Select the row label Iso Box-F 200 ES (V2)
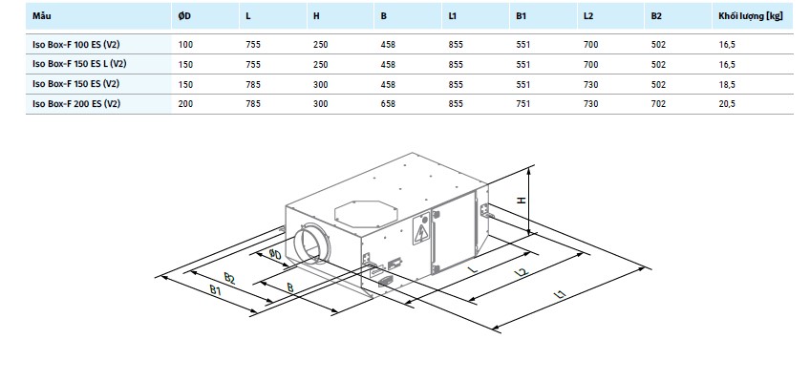[x=76, y=104]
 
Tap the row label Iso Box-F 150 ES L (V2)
[x=79, y=64]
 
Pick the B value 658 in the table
[x=388, y=104]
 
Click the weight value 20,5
[x=726, y=104]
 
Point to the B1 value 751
[x=523, y=104]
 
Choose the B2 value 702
[x=659, y=104]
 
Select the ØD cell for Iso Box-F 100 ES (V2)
[x=185, y=45]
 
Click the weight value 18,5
[x=726, y=85]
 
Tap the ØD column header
[x=184, y=16]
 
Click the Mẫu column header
[x=42, y=15]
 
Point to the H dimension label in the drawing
[x=522, y=200]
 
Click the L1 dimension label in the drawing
[x=561, y=295]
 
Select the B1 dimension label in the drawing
[x=216, y=290]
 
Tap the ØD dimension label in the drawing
[x=275, y=254]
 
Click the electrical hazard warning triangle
[x=421, y=232]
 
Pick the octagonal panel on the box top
[x=366, y=213]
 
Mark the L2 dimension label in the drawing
[x=522, y=272]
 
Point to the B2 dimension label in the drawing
[x=230, y=279]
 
